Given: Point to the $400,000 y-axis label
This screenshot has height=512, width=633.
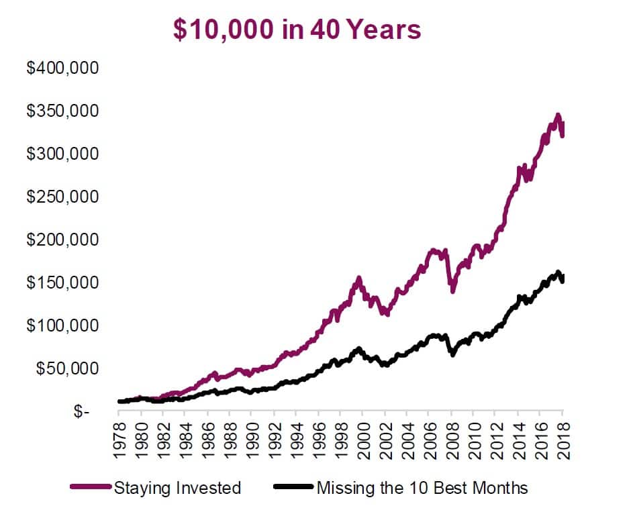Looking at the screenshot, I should pos(62,68).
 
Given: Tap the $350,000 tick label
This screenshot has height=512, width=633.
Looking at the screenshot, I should pos(62,111).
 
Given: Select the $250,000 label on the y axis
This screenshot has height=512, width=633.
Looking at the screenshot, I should pos(62,197).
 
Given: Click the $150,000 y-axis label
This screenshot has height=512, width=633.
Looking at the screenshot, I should pos(62,283).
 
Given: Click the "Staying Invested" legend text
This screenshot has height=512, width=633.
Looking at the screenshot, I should pos(177,488).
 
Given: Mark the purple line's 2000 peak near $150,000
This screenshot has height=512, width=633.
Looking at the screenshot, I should pos(359,278).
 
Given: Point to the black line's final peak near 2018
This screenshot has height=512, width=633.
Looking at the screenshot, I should pos(558,272).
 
